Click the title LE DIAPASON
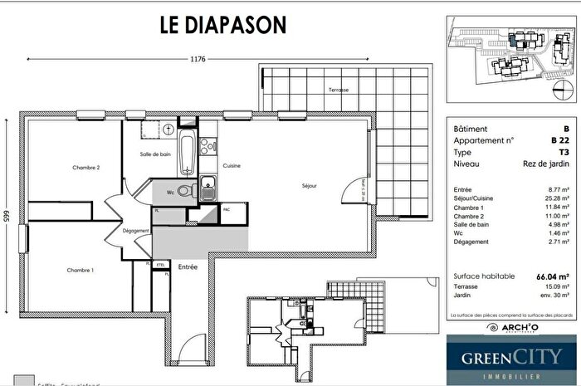click(x=223, y=24)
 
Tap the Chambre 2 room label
click(x=87, y=168)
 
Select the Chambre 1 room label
click(x=81, y=271)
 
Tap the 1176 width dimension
click(x=198, y=60)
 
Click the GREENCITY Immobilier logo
click(x=510, y=360)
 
